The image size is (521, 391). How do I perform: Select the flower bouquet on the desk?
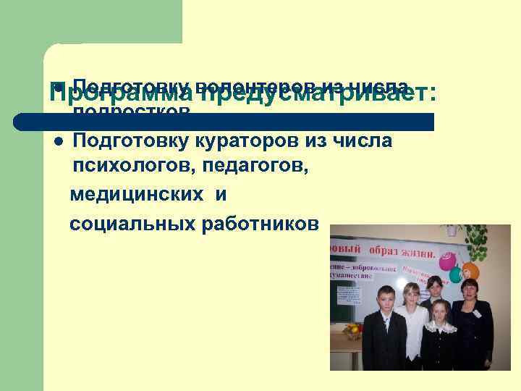[x=353, y=331]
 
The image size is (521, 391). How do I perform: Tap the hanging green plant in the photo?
[x=477, y=242]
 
